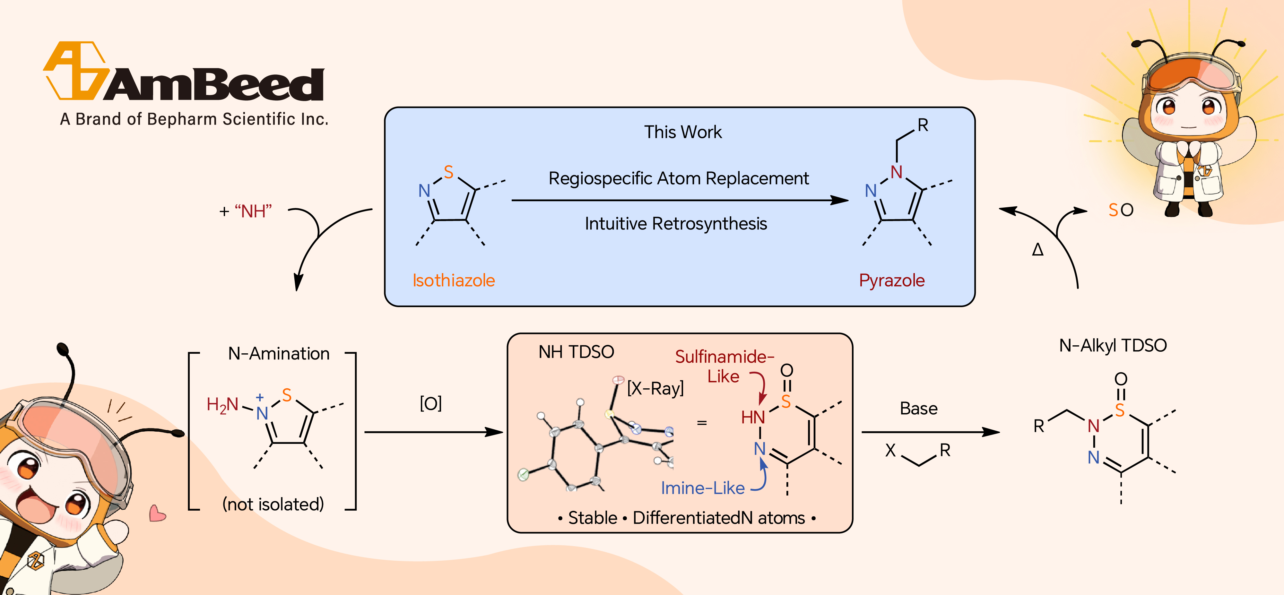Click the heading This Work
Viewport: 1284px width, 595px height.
tap(682, 132)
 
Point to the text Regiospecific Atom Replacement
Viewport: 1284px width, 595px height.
tap(678, 178)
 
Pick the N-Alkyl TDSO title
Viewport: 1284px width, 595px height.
tap(1113, 345)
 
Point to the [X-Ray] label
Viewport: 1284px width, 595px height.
tap(655, 388)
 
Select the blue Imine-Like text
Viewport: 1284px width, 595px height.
tap(702, 488)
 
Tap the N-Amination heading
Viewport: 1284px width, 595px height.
tap(279, 354)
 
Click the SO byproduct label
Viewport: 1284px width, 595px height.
tap(1121, 210)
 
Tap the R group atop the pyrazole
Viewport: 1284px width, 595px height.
tap(923, 125)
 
